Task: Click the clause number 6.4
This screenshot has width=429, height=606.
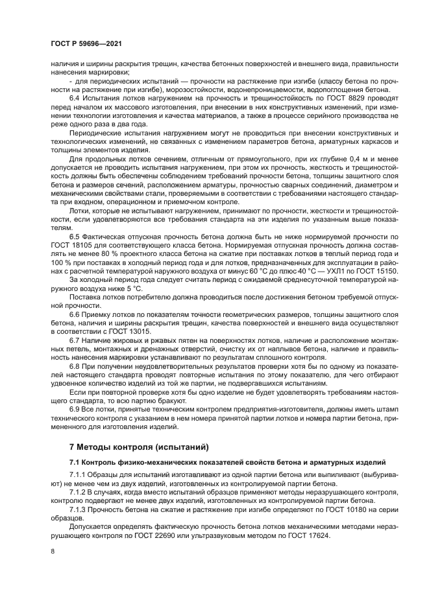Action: pyautogui.click(x=76, y=97)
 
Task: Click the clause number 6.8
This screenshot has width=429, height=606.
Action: pyautogui.click(x=76, y=366)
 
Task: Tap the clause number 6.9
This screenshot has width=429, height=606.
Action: pyautogui.click(x=76, y=409)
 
